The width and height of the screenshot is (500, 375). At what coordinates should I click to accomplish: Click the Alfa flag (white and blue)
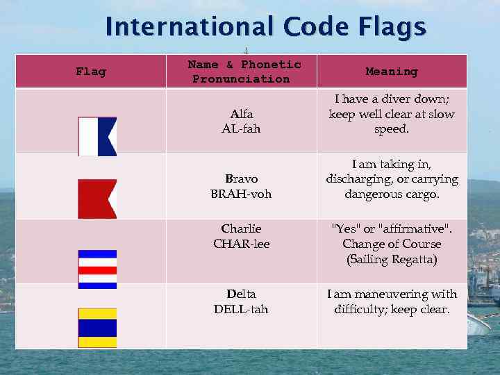[x=97, y=136]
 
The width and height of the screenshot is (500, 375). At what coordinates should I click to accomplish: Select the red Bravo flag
[x=97, y=199]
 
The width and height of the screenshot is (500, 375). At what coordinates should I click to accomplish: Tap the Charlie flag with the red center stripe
[x=97, y=269]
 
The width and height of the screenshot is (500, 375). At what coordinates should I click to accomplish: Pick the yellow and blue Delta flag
[x=97, y=328]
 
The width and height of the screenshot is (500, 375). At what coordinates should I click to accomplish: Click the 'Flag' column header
[x=90, y=72]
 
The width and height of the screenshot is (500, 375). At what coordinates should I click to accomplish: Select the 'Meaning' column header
[x=392, y=72]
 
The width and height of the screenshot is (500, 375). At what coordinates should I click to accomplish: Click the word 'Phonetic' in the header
[x=271, y=65]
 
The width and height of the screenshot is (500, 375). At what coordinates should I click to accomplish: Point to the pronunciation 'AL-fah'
[x=241, y=128]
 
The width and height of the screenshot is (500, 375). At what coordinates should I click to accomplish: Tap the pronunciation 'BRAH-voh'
[x=241, y=194]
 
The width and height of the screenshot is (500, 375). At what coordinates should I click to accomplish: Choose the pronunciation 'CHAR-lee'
[x=241, y=244]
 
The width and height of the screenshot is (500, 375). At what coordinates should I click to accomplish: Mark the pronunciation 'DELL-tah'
[x=241, y=309]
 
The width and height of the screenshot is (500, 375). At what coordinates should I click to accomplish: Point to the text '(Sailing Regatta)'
[x=392, y=260]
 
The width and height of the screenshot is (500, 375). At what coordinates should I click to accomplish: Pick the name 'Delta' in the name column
[x=241, y=294]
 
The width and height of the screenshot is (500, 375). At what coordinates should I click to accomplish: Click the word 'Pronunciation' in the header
[x=241, y=79]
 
